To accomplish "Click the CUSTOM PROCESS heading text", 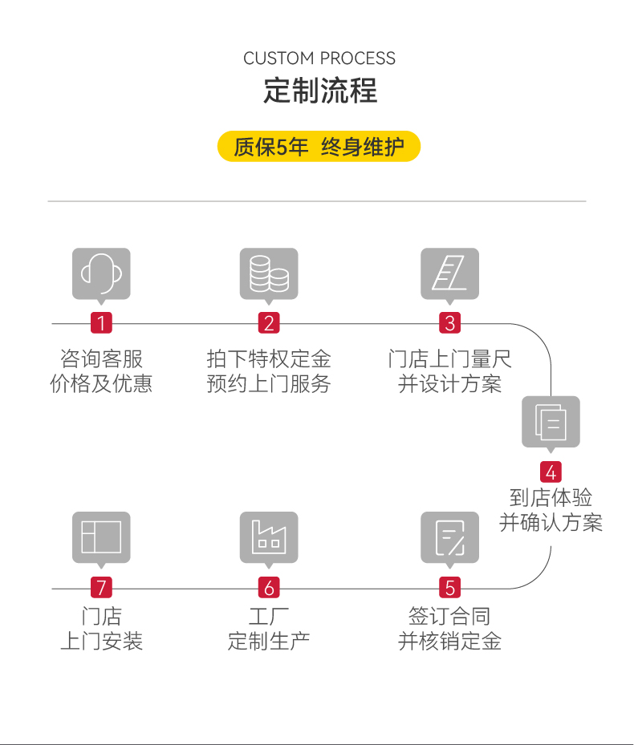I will tap(319, 59).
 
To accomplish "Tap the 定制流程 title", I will tap(319, 91).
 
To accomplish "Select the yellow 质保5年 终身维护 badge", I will tap(319, 147).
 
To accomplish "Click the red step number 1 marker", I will tap(101, 323).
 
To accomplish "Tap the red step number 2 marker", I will tap(269, 323).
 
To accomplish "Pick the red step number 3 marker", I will tap(450, 323).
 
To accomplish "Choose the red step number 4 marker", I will tap(551, 472).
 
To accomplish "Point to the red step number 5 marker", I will tap(450, 588).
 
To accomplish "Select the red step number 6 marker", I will tap(269, 588).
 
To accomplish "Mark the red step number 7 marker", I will tap(101, 588).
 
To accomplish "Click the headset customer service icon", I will tap(101, 274).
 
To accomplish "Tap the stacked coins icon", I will tap(269, 274).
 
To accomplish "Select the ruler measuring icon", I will tap(450, 274).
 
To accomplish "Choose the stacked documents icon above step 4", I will tap(551, 422).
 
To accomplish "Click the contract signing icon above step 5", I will tap(450, 537).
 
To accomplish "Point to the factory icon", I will tap(269, 537).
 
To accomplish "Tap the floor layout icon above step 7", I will tap(101, 537).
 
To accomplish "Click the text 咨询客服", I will tap(101, 358).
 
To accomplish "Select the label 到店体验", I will tap(551, 498).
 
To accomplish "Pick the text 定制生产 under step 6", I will tap(269, 642).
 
